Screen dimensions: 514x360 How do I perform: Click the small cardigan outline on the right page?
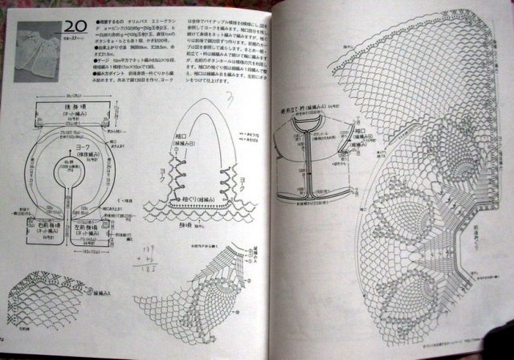(x=317, y=153)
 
